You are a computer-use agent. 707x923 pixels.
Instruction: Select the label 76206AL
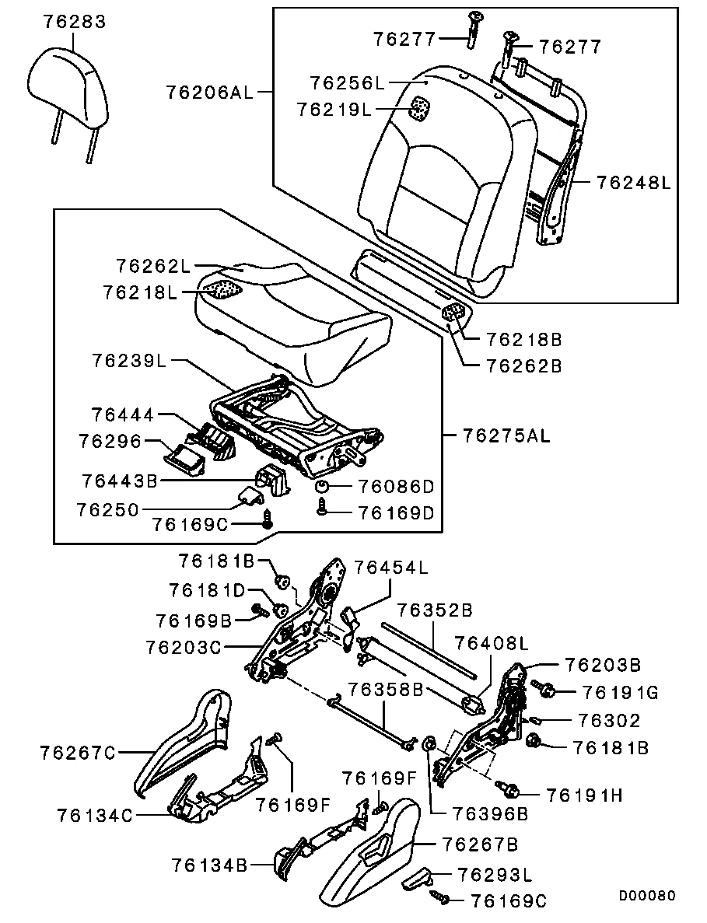pyautogui.click(x=209, y=93)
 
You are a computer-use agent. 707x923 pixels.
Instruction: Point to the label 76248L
pyautogui.click(x=634, y=182)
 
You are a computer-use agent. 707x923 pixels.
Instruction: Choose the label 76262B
pyautogui.click(x=523, y=365)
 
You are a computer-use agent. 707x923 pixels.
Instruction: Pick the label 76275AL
pyautogui.click(x=506, y=435)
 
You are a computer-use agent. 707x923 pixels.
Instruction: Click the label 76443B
pyautogui.click(x=119, y=481)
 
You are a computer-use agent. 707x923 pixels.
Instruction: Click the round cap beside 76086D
pyautogui.click(x=320, y=487)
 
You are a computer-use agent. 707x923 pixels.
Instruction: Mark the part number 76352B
pyautogui.click(x=435, y=610)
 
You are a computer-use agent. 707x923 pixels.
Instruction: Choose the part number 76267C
pyautogui.click(x=77, y=752)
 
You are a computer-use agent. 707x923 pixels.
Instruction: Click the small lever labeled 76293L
pyautogui.click(x=418, y=879)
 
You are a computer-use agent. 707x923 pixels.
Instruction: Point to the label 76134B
pyautogui.click(x=208, y=865)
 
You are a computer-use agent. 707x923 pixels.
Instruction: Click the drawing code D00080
pyautogui.click(x=647, y=896)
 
